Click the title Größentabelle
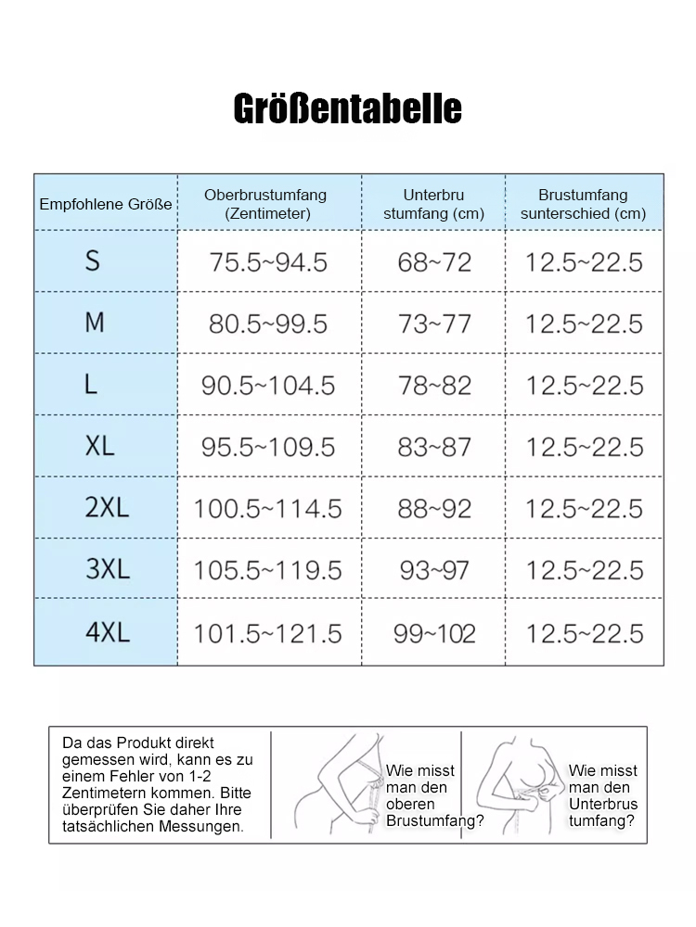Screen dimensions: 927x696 [x=347, y=108]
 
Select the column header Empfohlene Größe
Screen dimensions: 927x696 [x=106, y=204]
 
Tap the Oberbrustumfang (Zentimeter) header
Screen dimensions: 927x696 [x=266, y=204]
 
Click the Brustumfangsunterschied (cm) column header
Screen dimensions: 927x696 [x=583, y=204]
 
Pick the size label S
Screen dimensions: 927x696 [x=92, y=260]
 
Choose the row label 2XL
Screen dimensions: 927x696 [x=107, y=508]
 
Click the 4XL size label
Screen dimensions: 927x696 [x=108, y=632]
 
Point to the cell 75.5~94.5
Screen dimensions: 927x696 [x=268, y=262]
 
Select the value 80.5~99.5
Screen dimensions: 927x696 [x=268, y=324]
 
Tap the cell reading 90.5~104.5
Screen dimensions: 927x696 [x=268, y=386]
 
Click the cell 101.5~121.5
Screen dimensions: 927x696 [x=268, y=633]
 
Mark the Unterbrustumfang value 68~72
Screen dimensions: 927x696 [x=434, y=262]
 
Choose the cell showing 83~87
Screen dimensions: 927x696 [x=434, y=447]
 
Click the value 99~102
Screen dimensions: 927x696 [x=434, y=633]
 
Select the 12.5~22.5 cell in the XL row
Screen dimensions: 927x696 [x=584, y=447]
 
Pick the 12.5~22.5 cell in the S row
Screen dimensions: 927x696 [x=584, y=262]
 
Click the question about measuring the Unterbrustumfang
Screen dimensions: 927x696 [x=604, y=795]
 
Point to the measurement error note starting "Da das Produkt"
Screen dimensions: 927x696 [x=157, y=784]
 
